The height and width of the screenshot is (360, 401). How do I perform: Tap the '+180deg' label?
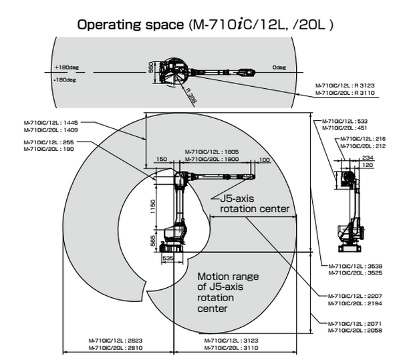click(x=64, y=68)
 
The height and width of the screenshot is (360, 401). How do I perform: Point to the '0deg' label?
click(x=279, y=67)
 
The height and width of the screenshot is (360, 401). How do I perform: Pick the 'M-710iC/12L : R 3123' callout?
click(x=346, y=86)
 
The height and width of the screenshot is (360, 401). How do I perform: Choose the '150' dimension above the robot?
click(x=161, y=159)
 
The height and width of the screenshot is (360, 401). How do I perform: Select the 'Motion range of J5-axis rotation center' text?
click(x=227, y=293)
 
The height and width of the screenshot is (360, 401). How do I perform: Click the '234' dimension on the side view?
click(x=367, y=156)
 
